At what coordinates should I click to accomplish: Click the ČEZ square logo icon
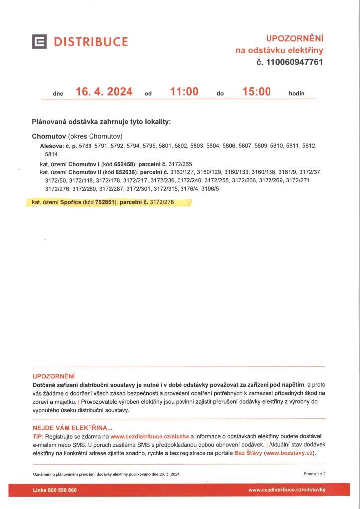(x=39, y=42)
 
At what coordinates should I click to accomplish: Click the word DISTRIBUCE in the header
(x=91, y=42)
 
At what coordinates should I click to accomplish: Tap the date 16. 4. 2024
(x=103, y=92)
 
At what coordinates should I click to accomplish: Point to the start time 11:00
(x=183, y=92)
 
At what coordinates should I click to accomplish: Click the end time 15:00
(x=256, y=92)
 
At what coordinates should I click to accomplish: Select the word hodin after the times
(x=296, y=93)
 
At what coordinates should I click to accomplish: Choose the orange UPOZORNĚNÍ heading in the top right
(x=294, y=38)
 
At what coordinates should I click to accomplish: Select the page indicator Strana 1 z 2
(x=314, y=474)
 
